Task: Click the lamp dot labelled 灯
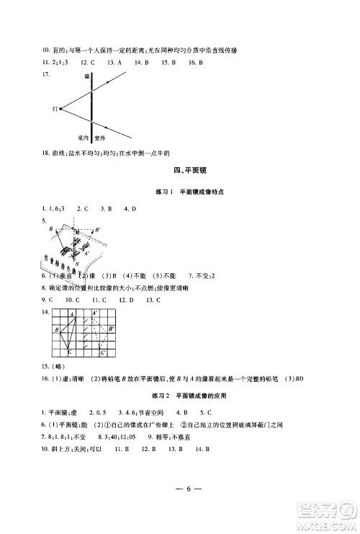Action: [60, 109]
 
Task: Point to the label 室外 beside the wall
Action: [99, 136]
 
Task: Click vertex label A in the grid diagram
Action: [72, 314]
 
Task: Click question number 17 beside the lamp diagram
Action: [45, 74]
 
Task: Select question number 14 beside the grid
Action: [46, 312]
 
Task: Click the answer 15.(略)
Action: [53, 365]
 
